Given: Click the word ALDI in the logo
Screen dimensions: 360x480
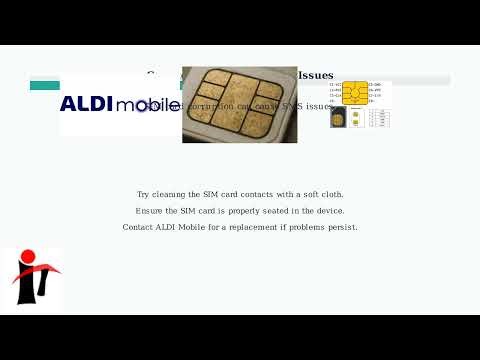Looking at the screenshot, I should pyautogui.click(x=86, y=104).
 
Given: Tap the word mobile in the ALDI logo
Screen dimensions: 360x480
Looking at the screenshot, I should pyautogui.click(x=148, y=105).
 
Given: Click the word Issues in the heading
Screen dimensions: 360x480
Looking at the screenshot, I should pyautogui.click(x=316, y=75).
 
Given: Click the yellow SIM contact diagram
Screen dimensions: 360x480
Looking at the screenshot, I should pyautogui.click(x=354, y=92).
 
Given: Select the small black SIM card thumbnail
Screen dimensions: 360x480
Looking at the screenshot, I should pyautogui.click(x=338, y=117).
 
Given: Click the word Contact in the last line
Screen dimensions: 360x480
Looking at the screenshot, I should pyautogui.click(x=138, y=227).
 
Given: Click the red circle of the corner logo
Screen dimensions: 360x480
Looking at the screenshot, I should pyautogui.click(x=27, y=258).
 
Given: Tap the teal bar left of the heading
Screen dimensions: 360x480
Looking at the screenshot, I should pyautogui.click(x=45, y=85).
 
